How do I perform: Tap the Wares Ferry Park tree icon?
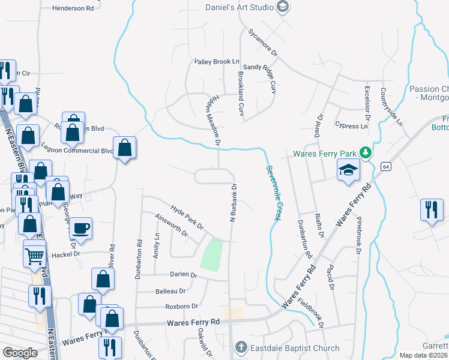(x=364, y=154)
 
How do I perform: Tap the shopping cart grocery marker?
(x=35, y=256)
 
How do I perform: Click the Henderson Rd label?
(x=73, y=8)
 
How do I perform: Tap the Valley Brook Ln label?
(x=217, y=62)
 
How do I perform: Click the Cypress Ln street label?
(x=352, y=127)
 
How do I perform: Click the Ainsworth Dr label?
(x=171, y=226)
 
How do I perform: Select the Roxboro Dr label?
(x=181, y=306)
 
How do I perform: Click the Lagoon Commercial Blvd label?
(x=77, y=148)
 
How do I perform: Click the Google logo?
(x=20, y=353)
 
